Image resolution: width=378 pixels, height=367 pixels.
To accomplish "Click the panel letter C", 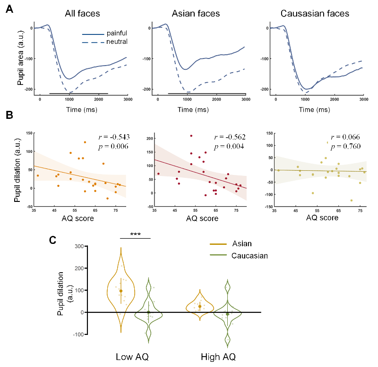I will tap(54, 240).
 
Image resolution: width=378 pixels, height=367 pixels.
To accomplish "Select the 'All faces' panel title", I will tap(82, 14).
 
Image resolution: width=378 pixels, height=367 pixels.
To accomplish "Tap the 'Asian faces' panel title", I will tap(196, 14).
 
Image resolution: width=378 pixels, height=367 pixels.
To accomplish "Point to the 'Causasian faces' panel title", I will tap(315, 14).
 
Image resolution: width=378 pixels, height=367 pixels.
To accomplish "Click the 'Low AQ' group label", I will tap(134, 356).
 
